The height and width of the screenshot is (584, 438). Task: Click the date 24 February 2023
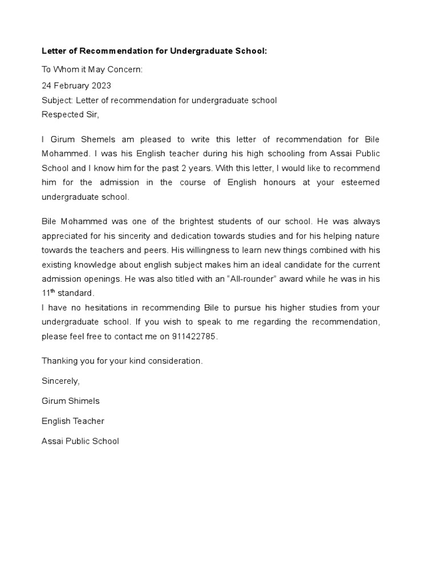click(76, 86)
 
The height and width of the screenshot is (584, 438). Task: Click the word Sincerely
click(60, 380)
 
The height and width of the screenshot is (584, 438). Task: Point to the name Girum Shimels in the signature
click(71, 401)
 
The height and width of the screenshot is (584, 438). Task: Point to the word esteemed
click(359, 182)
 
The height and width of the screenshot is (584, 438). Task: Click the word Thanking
click(60, 361)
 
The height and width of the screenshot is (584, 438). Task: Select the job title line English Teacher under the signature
click(73, 421)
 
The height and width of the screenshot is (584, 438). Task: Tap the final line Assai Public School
click(80, 441)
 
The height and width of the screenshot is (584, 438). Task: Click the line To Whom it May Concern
click(92, 70)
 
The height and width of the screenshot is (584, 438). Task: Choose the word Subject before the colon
click(57, 100)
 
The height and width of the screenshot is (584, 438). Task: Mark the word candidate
click(301, 265)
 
